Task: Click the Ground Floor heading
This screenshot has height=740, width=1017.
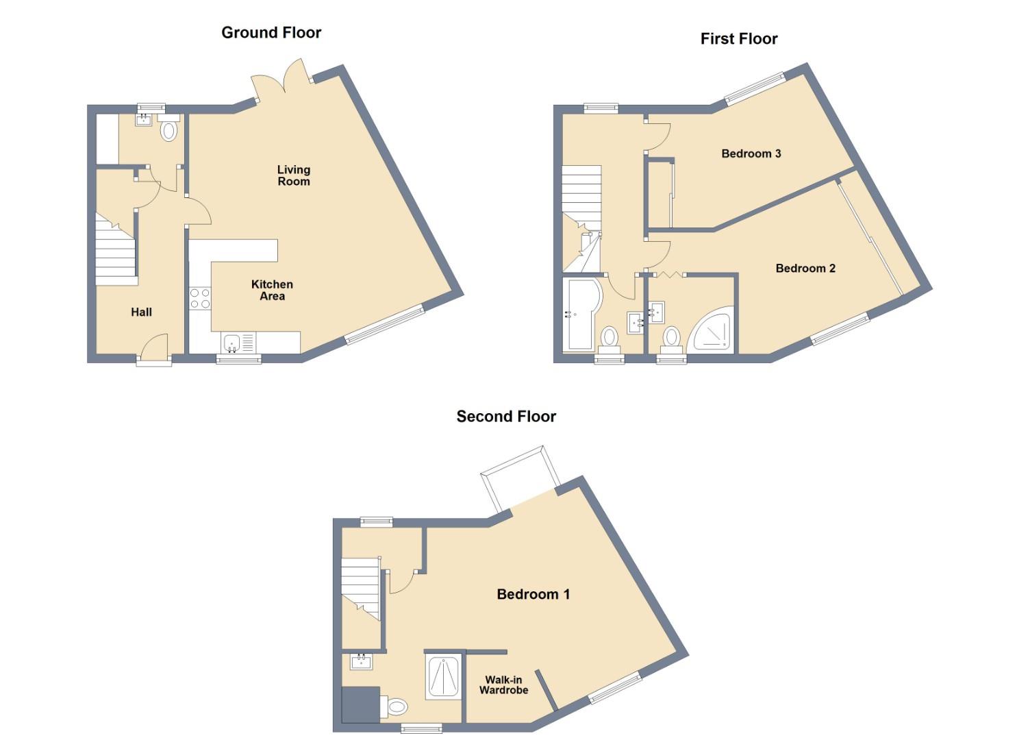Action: [x=271, y=32]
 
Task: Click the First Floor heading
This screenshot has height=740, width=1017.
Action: [x=738, y=39]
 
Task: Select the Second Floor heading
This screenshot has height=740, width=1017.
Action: [x=506, y=417]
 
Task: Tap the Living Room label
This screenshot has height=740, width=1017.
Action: [x=293, y=175]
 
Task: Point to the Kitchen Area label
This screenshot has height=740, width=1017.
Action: [x=272, y=290]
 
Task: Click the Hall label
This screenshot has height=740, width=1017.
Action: [x=141, y=312]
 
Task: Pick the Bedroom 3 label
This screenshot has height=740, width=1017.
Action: [x=751, y=153]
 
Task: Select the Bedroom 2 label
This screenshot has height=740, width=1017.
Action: [x=805, y=269]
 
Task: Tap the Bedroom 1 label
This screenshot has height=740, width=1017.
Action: [x=533, y=594]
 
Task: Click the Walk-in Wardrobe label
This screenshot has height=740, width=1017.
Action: [x=503, y=685]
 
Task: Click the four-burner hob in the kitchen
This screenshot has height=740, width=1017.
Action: [x=200, y=298]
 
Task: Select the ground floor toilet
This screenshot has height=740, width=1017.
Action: [x=168, y=129]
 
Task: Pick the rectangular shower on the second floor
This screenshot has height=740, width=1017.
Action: [x=443, y=677]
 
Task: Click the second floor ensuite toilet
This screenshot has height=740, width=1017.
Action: [x=395, y=706]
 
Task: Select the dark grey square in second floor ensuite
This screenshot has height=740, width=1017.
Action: [x=360, y=704]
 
